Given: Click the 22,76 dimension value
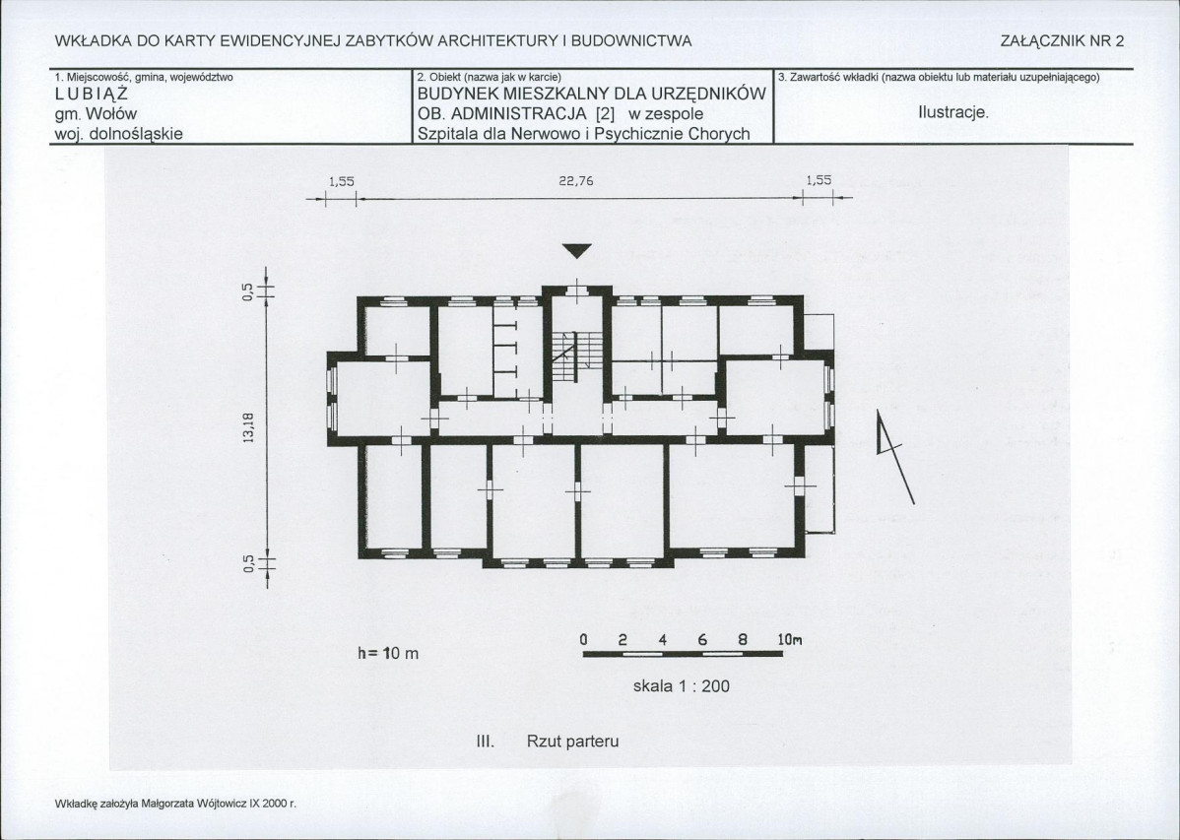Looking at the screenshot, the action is pos(575,180).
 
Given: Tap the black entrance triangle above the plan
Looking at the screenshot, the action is pos(577,251).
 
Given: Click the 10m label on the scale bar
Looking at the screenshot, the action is pos(790,640).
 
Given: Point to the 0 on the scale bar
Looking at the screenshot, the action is pos(583,640).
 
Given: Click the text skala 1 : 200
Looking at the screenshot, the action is pos(681,685).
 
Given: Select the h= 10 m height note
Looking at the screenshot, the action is pos(387,653).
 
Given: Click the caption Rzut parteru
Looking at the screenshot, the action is pos(572,741).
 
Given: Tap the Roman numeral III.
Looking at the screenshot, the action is pos(486,741).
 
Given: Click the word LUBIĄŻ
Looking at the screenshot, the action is pos(92,95).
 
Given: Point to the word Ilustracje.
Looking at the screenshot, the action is pos(952,113).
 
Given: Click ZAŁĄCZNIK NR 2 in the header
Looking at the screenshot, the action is pos(1062,41).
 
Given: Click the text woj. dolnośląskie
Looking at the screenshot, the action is pos(119,134).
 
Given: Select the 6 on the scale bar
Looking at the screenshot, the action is pos(702,640).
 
